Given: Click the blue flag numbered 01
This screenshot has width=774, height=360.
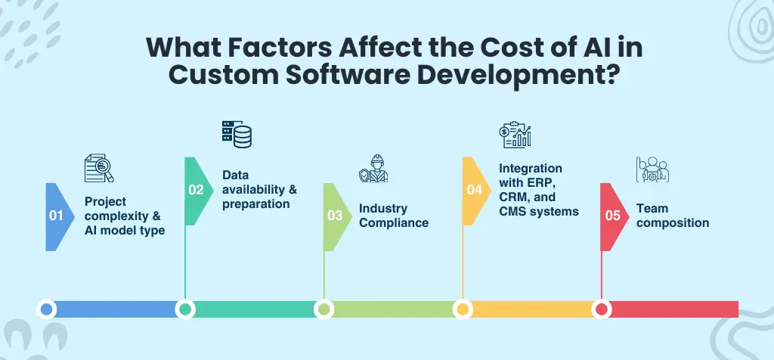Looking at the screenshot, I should (56, 216).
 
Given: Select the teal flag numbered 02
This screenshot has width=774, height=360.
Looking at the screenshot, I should (196, 190).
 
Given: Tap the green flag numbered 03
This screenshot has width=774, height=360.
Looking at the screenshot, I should (335, 216).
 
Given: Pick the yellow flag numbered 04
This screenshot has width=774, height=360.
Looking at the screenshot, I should (474, 190).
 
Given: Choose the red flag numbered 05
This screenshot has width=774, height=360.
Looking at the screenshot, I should (612, 216).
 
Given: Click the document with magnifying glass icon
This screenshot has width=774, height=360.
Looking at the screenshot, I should (98, 169).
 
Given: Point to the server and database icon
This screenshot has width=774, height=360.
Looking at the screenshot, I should (237, 133).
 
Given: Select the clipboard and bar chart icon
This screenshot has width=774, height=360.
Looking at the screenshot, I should (515, 134).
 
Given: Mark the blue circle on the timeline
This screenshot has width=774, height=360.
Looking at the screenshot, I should (47, 309).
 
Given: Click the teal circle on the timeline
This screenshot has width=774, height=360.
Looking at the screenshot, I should (185, 309).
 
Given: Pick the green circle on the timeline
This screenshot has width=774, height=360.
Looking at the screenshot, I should (324, 309).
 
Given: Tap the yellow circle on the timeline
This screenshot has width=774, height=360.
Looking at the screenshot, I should (462, 309).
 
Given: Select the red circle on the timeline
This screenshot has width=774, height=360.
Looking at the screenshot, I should (601, 309).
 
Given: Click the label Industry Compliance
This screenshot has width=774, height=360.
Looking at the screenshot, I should (393, 216).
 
